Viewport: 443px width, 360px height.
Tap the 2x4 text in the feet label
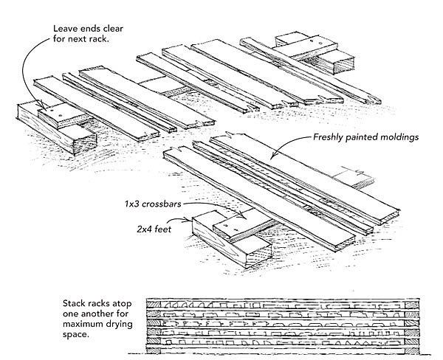click(144, 229)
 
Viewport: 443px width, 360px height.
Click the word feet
click(168, 229)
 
